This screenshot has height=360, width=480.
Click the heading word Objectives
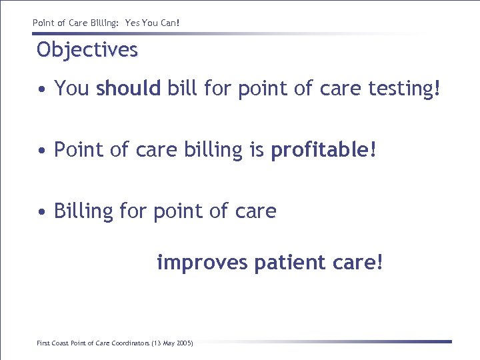[x=87, y=50]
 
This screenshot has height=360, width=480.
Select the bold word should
[x=129, y=89]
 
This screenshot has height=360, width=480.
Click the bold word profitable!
[x=323, y=150]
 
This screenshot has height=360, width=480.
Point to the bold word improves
[x=203, y=263]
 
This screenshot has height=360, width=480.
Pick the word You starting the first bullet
[x=71, y=89]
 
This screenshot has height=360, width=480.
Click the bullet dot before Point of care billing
[x=42, y=151]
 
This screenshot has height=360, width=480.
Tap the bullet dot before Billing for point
[x=42, y=213]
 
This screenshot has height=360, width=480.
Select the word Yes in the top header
[x=132, y=23]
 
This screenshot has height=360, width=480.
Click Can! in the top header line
[x=170, y=23]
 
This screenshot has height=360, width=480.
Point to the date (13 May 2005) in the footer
[x=172, y=343]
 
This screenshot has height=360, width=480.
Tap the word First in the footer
[x=43, y=343]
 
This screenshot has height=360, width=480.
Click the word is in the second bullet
[x=257, y=150]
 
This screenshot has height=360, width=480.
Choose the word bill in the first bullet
[x=182, y=89]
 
